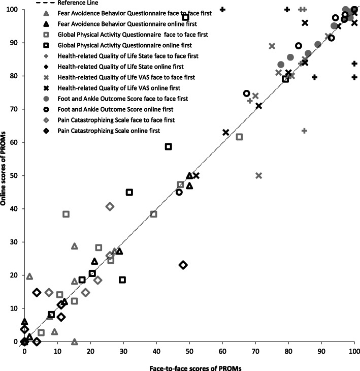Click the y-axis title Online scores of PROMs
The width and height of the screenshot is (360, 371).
click(x=6, y=175)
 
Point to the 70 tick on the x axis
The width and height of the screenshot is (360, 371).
click(x=255, y=342)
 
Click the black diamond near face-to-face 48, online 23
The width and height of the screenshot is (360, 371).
click(x=183, y=265)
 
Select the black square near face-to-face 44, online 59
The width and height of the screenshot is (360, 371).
click(x=169, y=146)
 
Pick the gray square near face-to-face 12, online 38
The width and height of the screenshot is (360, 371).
click(x=66, y=214)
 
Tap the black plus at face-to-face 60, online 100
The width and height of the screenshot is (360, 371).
click(x=222, y=10)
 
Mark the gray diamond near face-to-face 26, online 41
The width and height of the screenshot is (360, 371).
click(x=110, y=206)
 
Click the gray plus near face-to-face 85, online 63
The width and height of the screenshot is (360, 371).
click(x=304, y=131)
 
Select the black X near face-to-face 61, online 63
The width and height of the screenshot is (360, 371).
click(x=226, y=133)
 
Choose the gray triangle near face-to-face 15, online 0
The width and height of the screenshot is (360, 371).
click(x=74, y=342)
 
